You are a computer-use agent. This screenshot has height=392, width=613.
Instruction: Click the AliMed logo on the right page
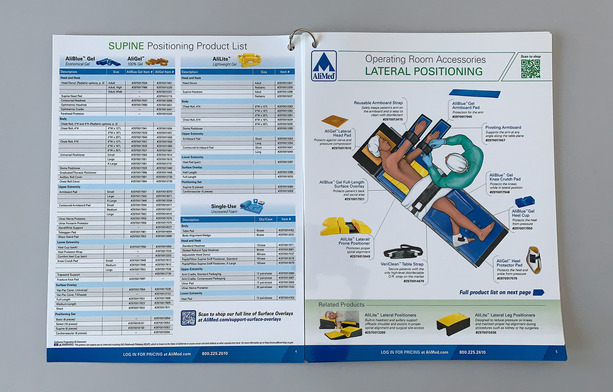pyautogui.click(x=324, y=66)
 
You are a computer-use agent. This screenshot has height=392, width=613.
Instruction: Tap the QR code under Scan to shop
pyautogui.click(x=530, y=69)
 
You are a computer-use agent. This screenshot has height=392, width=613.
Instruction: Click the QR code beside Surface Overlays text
pyautogui.click(x=188, y=318)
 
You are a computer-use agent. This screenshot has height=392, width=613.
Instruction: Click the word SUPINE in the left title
pyautogui.click(x=126, y=46)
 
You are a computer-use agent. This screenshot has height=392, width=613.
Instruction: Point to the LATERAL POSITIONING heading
pyautogui.click(x=424, y=71)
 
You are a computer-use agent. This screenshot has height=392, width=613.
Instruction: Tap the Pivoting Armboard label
pyautogui.click(x=503, y=127)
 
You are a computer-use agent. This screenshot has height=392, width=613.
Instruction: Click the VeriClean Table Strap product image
pyautogui.click(x=403, y=252)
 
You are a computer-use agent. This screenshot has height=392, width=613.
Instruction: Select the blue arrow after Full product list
pyautogui.click(x=539, y=292)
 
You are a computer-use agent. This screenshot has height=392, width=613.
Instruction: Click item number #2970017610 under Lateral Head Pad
pyautogui.click(x=341, y=148)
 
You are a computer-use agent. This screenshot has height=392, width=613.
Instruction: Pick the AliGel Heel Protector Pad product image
pyautogui.click(x=534, y=260)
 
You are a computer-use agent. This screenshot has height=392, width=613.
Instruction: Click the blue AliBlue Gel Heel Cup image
pyautogui.click(x=525, y=202)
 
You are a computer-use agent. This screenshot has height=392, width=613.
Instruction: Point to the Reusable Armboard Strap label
pyautogui.click(x=378, y=103)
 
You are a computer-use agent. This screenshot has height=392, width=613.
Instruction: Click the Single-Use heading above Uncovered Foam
pyautogui.click(x=223, y=206)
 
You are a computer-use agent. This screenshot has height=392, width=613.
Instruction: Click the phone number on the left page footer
pyautogui.click(x=215, y=353)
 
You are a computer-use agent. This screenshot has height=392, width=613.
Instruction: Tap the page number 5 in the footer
pyautogui.click(x=556, y=352)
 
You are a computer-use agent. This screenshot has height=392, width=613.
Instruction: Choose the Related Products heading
pyautogui.click(x=341, y=305)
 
